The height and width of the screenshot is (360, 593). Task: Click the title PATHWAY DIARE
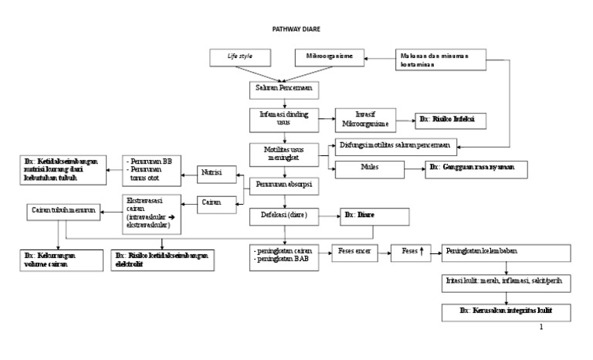coord(296,29)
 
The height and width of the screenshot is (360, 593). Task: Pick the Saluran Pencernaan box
coord(284,89)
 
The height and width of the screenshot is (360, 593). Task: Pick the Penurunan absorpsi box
coord(284,185)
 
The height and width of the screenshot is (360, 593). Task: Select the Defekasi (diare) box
coord(284,216)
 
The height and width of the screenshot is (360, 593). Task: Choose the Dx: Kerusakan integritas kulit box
coord(505,311)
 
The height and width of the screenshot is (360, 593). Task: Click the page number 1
coord(541,327)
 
